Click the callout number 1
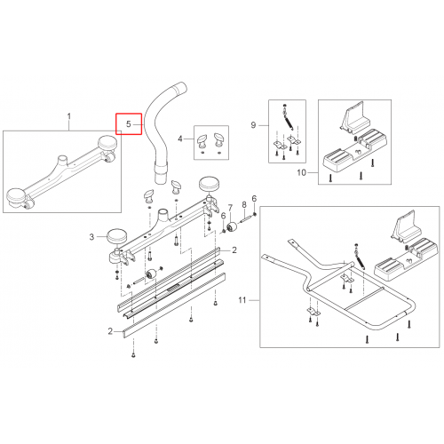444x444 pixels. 69,116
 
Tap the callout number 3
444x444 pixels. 91,237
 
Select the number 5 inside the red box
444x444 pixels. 129,124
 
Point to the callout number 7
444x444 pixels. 230,208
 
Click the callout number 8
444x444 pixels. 244,204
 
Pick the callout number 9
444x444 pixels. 253,125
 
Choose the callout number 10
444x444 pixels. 302,172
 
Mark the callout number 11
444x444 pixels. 242,300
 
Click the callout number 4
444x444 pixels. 180,139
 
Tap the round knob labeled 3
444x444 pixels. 116,236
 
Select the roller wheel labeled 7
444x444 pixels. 232,227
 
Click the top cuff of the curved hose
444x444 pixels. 180,88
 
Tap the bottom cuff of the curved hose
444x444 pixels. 161,174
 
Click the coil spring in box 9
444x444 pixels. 289,122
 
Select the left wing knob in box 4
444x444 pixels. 202,140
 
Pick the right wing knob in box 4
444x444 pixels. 219,139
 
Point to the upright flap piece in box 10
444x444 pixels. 353,116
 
